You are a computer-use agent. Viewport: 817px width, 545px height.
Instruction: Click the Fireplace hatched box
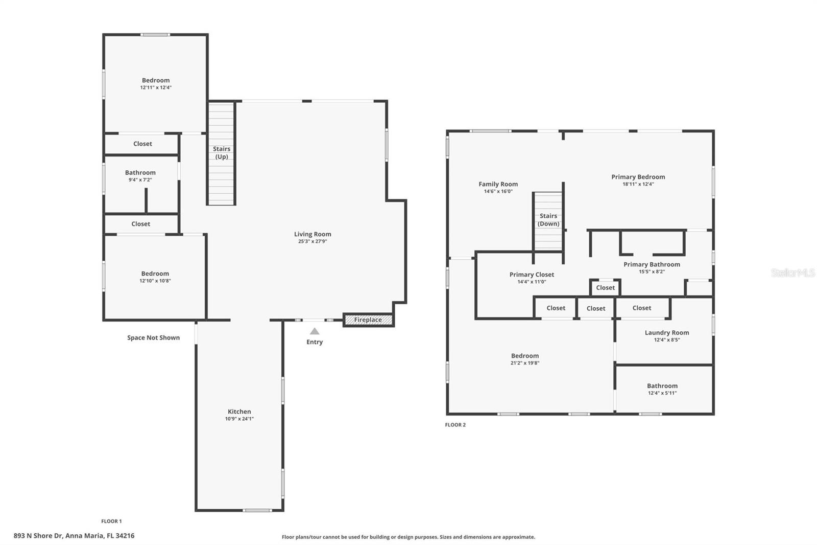pyautogui.click(x=368, y=320)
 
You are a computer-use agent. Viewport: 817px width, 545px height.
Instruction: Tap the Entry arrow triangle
pyautogui.click(x=315, y=331)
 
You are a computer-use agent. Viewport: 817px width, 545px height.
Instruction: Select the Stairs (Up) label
pyautogui.click(x=222, y=153)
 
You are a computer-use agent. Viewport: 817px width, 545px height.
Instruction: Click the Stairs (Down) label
pyautogui.click(x=548, y=220)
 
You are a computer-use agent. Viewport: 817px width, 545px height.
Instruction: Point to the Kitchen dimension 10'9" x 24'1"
pyautogui.click(x=239, y=419)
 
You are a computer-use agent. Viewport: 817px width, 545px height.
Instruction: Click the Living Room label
pyautogui.click(x=313, y=234)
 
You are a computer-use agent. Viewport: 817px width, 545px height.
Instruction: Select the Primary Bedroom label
pyautogui.click(x=638, y=177)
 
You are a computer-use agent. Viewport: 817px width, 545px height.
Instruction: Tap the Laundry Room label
pyautogui.click(x=666, y=332)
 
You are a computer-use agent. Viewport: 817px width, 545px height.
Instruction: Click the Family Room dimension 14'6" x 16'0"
pyautogui.click(x=498, y=191)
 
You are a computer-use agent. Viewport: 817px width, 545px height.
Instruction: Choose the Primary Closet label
pyautogui.click(x=532, y=275)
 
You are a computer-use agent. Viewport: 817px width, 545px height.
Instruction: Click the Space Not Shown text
pyautogui.click(x=153, y=337)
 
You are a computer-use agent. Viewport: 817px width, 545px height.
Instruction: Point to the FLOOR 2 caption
pyautogui.click(x=455, y=425)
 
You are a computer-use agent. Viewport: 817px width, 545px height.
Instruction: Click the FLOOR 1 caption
pyautogui.click(x=111, y=521)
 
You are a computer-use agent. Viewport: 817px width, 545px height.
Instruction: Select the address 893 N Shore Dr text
pyautogui.click(x=74, y=536)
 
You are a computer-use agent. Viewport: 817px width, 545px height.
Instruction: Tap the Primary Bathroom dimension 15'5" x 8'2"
pyautogui.click(x=652, y=271)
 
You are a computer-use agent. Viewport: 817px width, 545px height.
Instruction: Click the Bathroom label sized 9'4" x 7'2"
pyautogui.click(x=140, y=173)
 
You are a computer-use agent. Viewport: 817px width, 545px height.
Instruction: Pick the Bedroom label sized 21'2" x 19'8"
pyautogui.click(x=524, y=356)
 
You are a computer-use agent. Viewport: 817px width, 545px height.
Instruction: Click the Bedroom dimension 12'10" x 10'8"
pyautogui.click(x=155, y=281)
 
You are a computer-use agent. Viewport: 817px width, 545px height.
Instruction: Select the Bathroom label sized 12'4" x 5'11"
pyautogui.click(x=662, y=386)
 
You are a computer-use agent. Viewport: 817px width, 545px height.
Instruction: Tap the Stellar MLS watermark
pyautogui.click(x=792, y=273)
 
